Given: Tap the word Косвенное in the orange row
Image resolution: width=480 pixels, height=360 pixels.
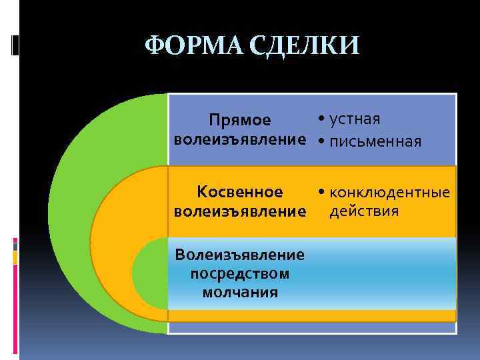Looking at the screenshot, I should [x=240, y=193].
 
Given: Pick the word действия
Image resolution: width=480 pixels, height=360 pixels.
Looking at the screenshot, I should [x=364, y=211].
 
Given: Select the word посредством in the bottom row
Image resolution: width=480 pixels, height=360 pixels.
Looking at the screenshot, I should [x=239, y=273].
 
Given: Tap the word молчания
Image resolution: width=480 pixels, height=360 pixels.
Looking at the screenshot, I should [x=239, y=291].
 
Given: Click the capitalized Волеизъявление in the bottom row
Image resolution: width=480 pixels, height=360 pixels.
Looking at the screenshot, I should [x=239, y=254].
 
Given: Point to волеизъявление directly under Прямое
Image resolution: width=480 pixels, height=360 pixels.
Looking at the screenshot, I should [x=239, y=141].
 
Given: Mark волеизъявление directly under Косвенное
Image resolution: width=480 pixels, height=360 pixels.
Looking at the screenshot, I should [x=239, y=213].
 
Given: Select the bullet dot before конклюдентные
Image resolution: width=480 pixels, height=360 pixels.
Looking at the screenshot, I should [x=321, y=193].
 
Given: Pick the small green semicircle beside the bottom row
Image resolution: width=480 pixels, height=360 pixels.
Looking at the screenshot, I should [x=150, y=274].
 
